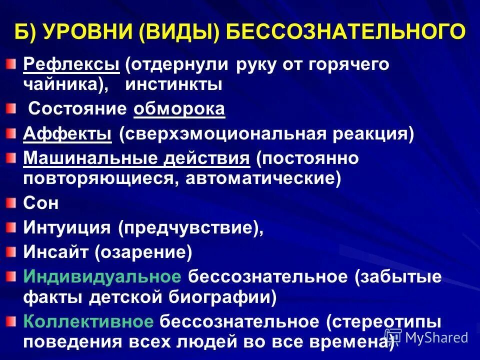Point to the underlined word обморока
pyautogui.click(x=179, y=109)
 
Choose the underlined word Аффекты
pyautogui.click(x=67, y=134)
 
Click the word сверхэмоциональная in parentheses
pyautogui.click(x=223, y=134)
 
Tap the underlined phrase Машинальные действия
pyautogui.click(x=136, y=158)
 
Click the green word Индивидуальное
pyautogui.click(x=102, y=277)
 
